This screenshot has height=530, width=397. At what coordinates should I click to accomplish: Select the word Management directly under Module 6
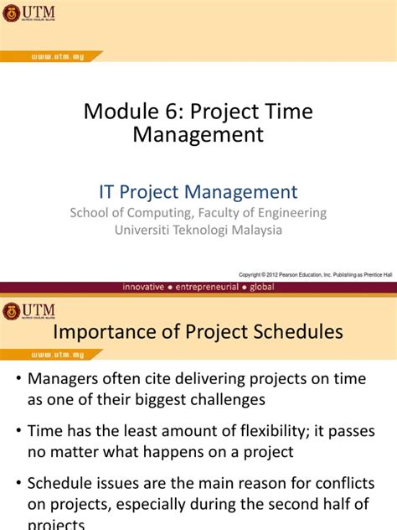point(198,134)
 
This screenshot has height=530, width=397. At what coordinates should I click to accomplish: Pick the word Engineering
point(293,213)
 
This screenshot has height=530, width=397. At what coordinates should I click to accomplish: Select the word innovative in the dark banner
point(154,287)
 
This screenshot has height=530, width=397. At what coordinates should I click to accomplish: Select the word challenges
point(227,399)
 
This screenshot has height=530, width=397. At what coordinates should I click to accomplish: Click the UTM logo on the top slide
point(28,13)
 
